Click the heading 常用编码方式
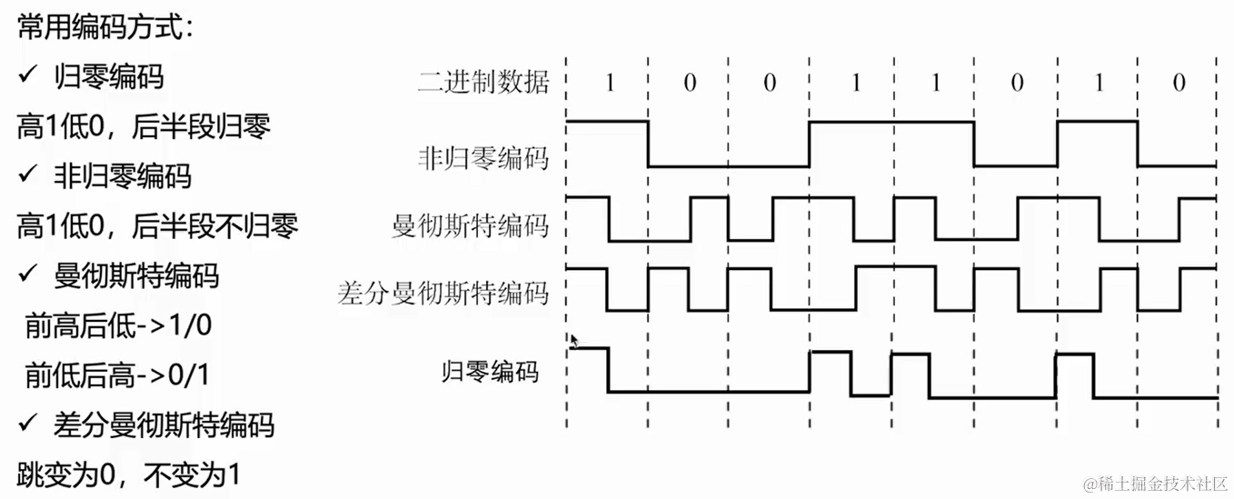tap(104, 27)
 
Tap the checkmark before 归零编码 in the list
tap(26, 76)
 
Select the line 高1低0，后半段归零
tap(143, 126)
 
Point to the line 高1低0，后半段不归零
tap(156, 225)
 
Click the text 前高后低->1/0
tap(118, 324)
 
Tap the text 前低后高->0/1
tap(118, 374)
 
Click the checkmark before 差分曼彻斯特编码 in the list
tap(26, 424)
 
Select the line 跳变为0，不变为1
tap(127, 474)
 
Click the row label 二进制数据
tap(483, 83)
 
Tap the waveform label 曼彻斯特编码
tap(471, 225)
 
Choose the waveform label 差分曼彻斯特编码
tap(443, 293)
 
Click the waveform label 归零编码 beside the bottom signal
tap(490, 371)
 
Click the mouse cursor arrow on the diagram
tap(574, 341)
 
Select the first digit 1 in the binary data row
tap(609, 84)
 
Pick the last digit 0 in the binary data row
tap(1179, 84)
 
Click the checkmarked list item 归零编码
tap(109, 76)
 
